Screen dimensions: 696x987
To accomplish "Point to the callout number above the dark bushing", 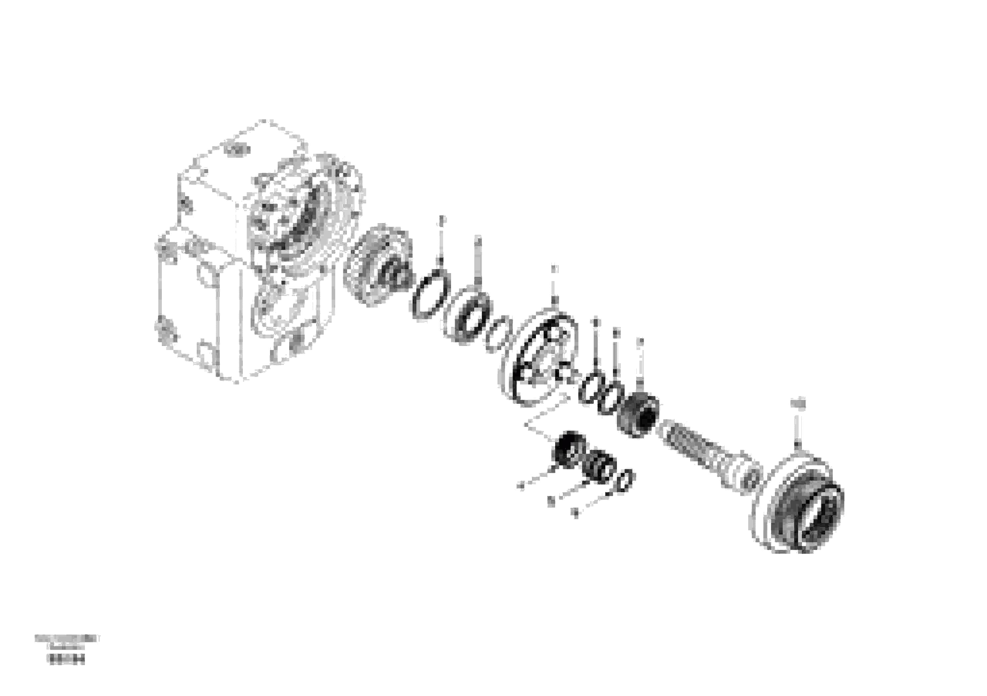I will (x=641, y=342).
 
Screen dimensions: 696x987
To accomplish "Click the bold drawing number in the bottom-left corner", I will (x=67, y=671).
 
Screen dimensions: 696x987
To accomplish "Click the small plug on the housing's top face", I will (x=239, y=149).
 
